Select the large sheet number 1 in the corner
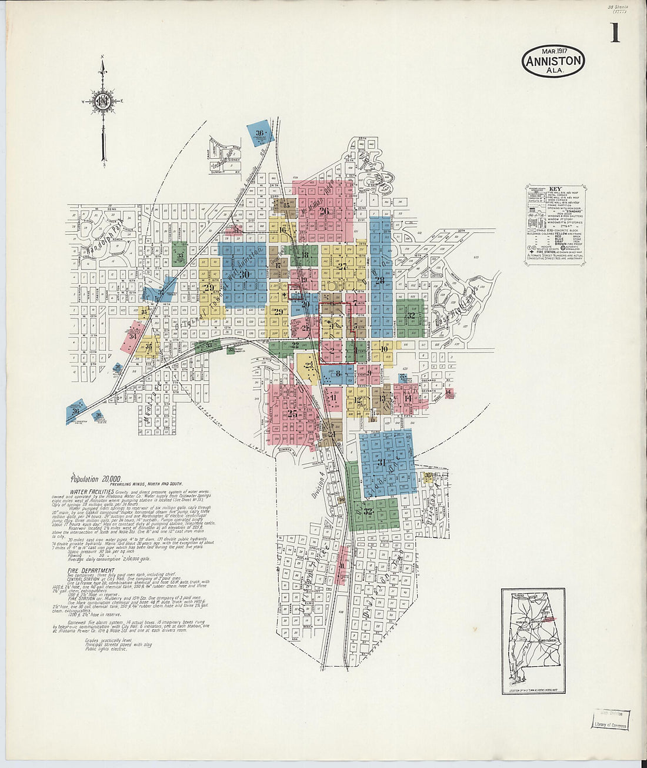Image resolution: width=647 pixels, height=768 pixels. click(615, 33)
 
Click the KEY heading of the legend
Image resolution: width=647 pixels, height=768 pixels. click(555, 189)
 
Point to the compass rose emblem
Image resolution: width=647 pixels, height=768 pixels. click(104, 101)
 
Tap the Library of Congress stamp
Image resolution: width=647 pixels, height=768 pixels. click(611, 720)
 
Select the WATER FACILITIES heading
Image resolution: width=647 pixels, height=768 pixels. click(92, 491)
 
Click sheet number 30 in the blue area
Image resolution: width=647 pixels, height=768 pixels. click(244, 274)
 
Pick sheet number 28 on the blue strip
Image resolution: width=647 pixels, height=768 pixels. click(379, 280)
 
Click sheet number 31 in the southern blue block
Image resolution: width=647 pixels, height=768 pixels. click(381, 463)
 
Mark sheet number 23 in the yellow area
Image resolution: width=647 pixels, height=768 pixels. click(309, 365)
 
